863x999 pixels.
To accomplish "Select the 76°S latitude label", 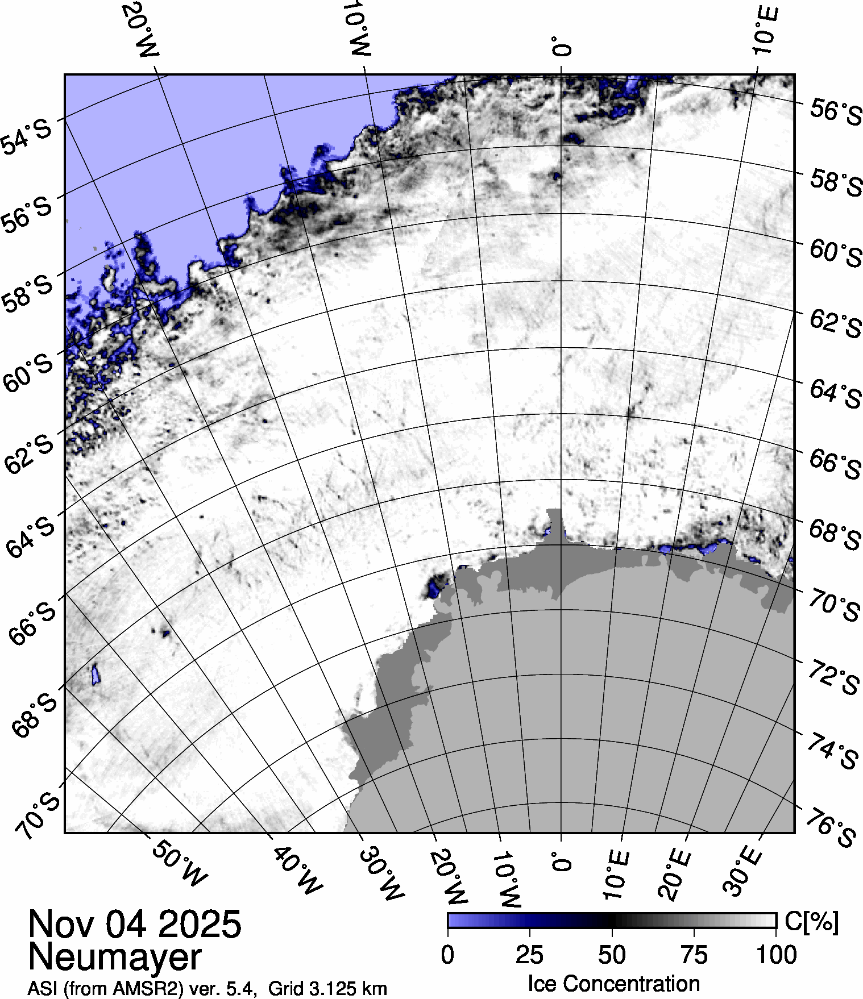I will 831,830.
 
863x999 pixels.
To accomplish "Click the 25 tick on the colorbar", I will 530,955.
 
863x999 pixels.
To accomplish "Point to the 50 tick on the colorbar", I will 612,955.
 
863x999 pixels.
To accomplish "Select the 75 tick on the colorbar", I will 694,955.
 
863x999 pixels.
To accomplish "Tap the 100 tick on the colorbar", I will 777,955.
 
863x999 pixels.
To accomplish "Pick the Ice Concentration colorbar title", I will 613,984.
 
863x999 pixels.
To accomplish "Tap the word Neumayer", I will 114,957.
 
